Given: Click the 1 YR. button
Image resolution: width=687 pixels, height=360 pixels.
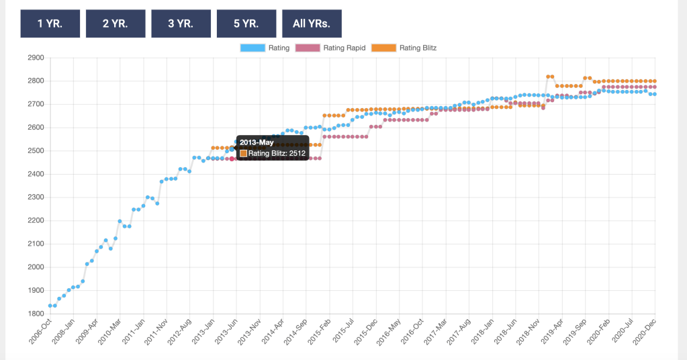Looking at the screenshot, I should click(x=50, y=24).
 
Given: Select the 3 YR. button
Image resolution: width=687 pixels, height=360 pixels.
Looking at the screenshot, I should click(x=181, y=24).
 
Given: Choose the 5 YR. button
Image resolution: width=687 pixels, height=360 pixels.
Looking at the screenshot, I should click(x=246, y=24).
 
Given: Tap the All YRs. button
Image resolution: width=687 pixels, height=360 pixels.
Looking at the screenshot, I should click(x=312, y=24).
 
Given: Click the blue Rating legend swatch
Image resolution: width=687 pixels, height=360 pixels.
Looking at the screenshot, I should click(x=253, y=48).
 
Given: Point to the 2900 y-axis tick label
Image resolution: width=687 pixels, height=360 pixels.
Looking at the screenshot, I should click(x=34, y=58).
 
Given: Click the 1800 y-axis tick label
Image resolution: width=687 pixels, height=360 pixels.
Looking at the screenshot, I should click(x=34, y=314).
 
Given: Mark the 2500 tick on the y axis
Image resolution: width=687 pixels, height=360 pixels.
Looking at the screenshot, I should click(x=34, y=151).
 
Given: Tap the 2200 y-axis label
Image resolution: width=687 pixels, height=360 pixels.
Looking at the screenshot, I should click(x=34, y=221).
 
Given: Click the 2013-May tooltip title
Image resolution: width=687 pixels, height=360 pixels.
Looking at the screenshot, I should click(x=257, y=142).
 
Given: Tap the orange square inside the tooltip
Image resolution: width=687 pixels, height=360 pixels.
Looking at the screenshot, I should click(x=243, y=153).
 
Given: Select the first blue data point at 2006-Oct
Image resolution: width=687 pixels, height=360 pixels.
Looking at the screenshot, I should click(x=50, y=306).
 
